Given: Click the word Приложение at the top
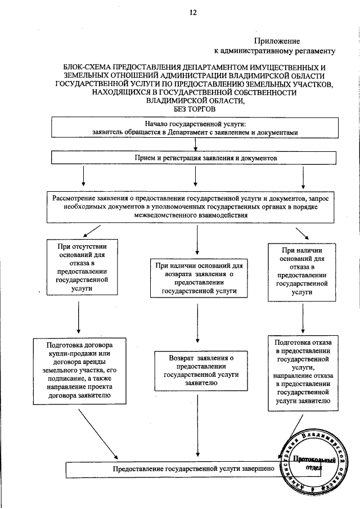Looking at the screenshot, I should (x=276, y=40).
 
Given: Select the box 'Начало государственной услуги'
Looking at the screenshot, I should (x=194, y=127).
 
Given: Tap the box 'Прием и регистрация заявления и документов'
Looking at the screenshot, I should (x=194, y=159).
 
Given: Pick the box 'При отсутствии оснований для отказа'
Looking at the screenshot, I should (x=78, y=267).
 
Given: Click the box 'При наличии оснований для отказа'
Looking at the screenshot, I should (x=301, y=268).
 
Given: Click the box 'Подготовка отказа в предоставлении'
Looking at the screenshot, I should (x=301, y=372).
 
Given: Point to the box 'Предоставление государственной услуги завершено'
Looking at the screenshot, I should (x=180, y=468).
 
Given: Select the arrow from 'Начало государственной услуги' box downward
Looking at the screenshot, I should (x=195, y=145).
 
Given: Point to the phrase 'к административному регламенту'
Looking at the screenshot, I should (x=275, y=51).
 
